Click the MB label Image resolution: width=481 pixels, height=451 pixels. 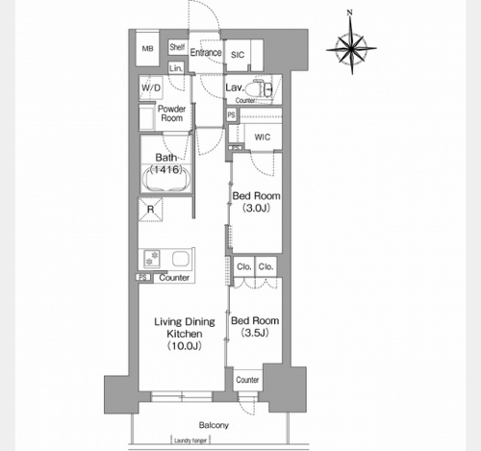point(147,49)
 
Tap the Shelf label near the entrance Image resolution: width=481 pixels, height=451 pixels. point(177,47)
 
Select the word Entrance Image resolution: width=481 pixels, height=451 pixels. point(206,52)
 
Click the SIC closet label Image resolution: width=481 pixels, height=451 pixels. point(238,55)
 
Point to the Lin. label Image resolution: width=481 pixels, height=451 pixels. point(176,68)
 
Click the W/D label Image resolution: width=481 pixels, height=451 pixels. point(151,88)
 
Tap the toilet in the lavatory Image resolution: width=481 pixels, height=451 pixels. point(263,88)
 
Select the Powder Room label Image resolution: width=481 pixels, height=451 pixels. point(172,113)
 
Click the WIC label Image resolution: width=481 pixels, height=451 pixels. point(263,138)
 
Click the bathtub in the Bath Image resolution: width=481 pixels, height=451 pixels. point(166,179)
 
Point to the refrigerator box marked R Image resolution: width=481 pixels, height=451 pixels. point(150,210)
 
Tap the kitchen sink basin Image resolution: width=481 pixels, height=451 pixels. point(180,259)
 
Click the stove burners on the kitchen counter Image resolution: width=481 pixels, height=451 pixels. point(152,259)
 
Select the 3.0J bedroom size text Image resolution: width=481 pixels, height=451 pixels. point(256,209)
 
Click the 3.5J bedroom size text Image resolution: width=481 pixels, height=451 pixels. point(255,333)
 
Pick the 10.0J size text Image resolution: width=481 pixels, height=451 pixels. point(185,346)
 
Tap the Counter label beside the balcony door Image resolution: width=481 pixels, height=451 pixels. point(247,380)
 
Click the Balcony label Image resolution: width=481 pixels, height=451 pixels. point(214,425)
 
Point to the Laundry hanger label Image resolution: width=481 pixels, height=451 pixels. point(190,440)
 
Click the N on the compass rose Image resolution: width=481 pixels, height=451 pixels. point(350,13)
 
